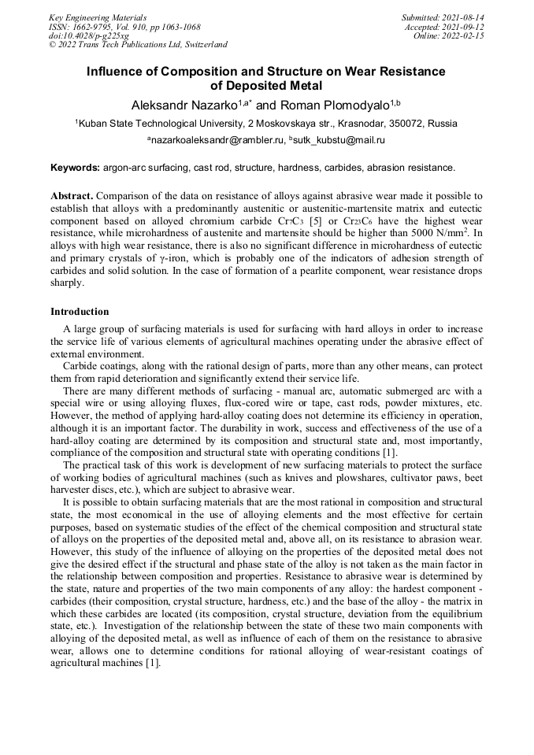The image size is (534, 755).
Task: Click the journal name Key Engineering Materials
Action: pos(98,17)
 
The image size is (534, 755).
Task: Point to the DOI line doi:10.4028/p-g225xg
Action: pos(89,35)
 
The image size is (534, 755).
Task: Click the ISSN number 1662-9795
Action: pos(96,27)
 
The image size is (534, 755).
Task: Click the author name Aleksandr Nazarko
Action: pos(180,105)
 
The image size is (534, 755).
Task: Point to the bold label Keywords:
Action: pos(76,168)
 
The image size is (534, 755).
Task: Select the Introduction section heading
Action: pos(80,312)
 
